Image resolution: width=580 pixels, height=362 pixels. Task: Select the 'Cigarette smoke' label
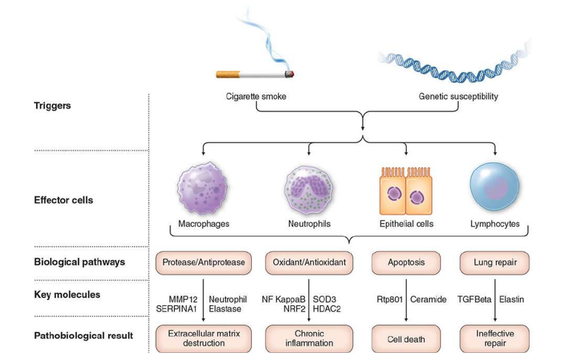click(256, 97)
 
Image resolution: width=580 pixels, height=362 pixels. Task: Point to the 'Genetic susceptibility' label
click(458, 97)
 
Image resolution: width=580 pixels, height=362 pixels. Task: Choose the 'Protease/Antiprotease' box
click(204, 262)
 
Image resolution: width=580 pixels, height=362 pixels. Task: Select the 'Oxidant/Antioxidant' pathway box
click(309, 262)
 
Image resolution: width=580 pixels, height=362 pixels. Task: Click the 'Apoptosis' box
click(406, 262)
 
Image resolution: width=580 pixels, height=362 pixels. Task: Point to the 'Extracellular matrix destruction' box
click(204, 338)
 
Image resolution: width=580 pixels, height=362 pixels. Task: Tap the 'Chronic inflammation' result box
click(309, 338)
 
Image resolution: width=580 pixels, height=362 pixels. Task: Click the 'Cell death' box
click(406, 339)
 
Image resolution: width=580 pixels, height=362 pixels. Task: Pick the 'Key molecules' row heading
click(67, 295)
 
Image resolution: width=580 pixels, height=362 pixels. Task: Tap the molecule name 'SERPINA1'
click(176, 309)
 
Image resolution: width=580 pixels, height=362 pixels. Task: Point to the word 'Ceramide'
click(429, 299)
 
